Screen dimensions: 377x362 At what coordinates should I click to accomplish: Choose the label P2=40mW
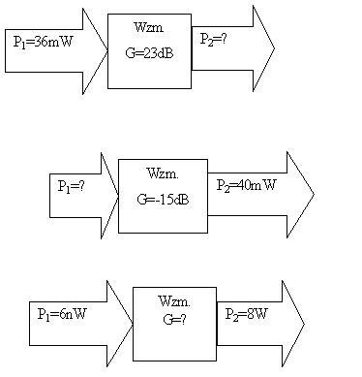click(247, 185)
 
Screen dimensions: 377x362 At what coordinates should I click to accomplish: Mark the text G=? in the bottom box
click(174, 318)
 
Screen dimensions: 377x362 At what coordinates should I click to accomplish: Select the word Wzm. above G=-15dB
click(162, 174)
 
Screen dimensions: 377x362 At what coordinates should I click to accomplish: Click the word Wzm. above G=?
click(174, 302)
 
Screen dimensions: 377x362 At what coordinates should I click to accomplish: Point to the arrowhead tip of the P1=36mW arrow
click(106, 51)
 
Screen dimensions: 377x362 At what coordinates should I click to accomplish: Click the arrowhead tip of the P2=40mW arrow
click(314, 195)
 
